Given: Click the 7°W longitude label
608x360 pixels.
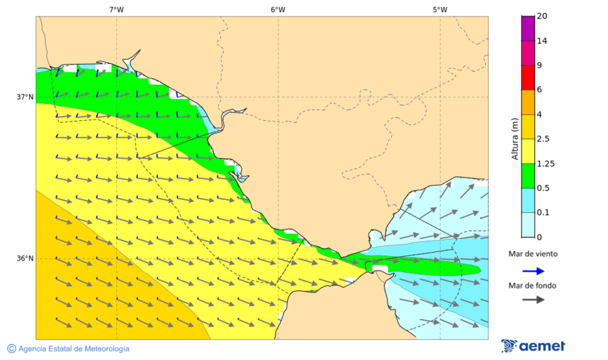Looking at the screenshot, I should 116,9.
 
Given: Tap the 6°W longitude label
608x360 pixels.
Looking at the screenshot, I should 278,9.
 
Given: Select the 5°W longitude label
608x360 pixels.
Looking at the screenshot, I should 440,9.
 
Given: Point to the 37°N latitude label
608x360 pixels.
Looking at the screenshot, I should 25,97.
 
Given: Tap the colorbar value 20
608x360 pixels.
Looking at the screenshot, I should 542,16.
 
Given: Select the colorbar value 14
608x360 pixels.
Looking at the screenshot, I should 542,41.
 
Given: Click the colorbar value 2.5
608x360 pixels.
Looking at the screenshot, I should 542,139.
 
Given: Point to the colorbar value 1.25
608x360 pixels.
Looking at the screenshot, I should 544,163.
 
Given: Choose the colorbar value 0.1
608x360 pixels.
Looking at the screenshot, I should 542,213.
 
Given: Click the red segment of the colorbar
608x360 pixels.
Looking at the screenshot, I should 528,78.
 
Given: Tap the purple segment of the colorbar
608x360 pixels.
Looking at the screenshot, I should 528,28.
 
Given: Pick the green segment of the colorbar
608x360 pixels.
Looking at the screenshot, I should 528,176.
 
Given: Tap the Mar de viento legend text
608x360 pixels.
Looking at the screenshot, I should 533,254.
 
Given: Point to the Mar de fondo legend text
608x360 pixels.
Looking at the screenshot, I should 533,286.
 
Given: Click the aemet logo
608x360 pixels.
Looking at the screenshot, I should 533,346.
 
